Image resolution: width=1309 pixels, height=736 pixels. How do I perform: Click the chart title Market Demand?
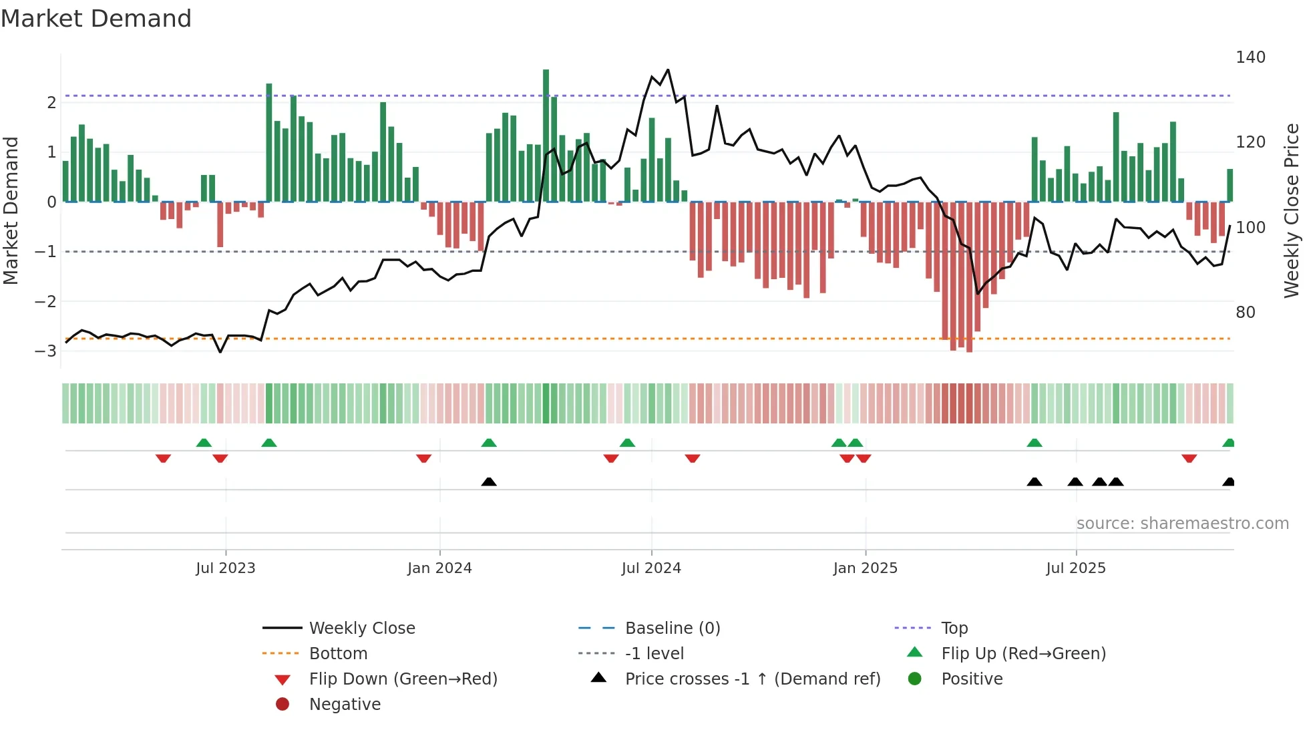click(x=96, y=19)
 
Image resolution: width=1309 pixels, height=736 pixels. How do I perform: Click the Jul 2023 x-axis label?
click(x=225, y=568)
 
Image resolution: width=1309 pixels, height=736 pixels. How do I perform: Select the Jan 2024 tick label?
click(x=439, y=568)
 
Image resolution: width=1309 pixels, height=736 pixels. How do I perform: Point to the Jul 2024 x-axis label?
click(x=651, y=568)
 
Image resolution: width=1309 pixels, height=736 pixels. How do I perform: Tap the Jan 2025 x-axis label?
click(x=865, y=568)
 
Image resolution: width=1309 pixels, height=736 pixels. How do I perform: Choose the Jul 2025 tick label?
click(x=1076, y=568)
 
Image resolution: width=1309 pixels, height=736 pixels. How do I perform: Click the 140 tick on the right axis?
click(x=1250, y=57)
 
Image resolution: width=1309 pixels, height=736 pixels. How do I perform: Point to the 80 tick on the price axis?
click(x=1245, y=313)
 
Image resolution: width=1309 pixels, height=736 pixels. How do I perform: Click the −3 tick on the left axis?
click(x=45, y=351)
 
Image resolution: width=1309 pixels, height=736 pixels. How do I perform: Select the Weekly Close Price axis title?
click(x=1292, y=210)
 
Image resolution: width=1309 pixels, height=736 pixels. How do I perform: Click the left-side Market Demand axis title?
click(x=11, y=210)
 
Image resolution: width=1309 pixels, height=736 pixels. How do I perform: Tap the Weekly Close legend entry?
click(x=361, y=628)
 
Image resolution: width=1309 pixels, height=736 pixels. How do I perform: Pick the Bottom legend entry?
click(x=338, y=654)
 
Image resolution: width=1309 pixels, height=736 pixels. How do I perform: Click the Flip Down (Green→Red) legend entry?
click(x=403, y=679)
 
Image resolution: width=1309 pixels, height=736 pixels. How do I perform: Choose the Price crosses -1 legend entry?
click(x=752, y=679)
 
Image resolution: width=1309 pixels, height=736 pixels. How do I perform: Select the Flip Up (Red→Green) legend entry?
click(x=1023, y=654)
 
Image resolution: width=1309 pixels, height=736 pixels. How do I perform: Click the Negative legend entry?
click(x=345, y=705)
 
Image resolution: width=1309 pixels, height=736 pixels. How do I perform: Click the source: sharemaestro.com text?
click(x=1182, y=524)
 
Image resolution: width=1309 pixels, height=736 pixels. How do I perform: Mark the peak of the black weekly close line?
click(x=668, y=69)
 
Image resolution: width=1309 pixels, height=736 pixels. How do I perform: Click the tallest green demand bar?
click(x=546, y=134)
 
